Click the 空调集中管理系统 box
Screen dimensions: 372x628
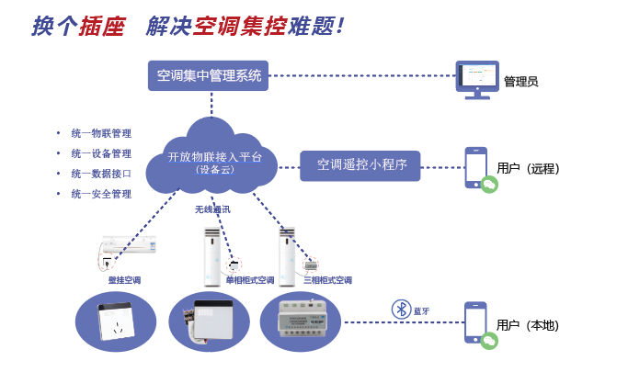pyautogui.click(x=210, y=75)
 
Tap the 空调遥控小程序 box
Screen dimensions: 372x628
pyautogui.click(x=360, y=165)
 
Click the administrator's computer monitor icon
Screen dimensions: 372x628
pyautogui.click(x=477, y=79)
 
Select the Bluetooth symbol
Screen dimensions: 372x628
pyautogui.click(x=400, y=309)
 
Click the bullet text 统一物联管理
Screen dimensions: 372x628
pyautogui.click(x=100, y=133)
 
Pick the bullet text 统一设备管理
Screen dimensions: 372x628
pyautogui.click(x=100, y=153)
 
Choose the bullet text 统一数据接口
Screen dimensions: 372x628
pyautogui.click(x=100, y=174)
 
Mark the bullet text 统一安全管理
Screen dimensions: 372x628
pyautogui.click(x=100, y=194)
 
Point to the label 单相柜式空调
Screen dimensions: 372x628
pyautogui.click(x=251, y=280)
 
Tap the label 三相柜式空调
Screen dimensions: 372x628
pyautogui.click(x=327, y=280)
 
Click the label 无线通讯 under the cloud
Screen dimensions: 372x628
pyautogui.click(x=212, y=209)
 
